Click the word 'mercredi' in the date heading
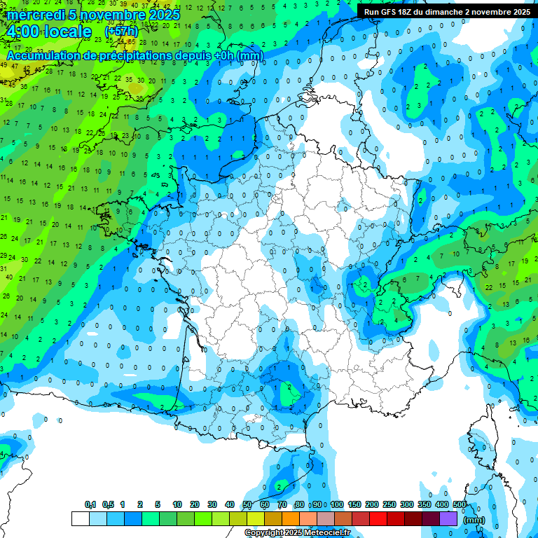pyautogui.click(x=34, y=15)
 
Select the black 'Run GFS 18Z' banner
pyautogui.click(x=446, y=11)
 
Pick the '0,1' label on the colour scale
pyautogui.click(x=90, y=504)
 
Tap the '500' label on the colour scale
pyautogui.click(x=460, y=504)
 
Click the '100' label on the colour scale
pyautogui.click(x=336, y=504)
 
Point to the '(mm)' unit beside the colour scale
pyautogui.click(x=475, y=520)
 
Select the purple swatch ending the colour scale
pyautogui.click(x=448, y=518)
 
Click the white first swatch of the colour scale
pyautogui.click(x=80, y=518)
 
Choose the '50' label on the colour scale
pyautogui.click(x=247, y=504)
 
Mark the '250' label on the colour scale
pyautogui.click(x=389, y=504)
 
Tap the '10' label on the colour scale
pyautogui.click(x=177, y=504)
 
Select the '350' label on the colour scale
pyautogui.click(x=425, y=504)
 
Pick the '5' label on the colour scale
pyautogui.click(x=158, y=504)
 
